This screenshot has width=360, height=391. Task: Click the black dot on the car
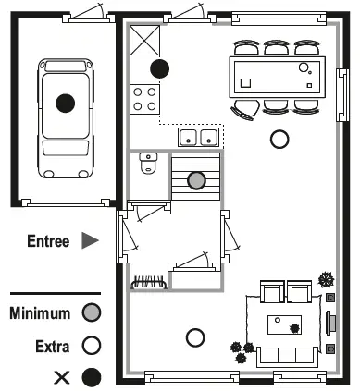(65, 103)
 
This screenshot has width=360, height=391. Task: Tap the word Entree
(47, 241)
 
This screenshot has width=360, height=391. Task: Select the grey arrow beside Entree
(89, 241)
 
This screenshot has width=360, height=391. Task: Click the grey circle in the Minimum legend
(91, 313)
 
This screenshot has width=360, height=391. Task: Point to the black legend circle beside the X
(91, 376)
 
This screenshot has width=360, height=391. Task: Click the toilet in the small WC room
(148, 165)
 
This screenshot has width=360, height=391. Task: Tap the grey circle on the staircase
(195, 180)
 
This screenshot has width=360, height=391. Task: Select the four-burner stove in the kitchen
(144, 98)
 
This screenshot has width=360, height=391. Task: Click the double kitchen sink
(198, 138)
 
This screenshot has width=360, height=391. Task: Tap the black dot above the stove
(160, 67)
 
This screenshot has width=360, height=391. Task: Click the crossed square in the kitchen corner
(145, 41)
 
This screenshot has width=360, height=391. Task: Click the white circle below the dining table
(279, 140)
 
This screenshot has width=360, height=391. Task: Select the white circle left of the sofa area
(194, 337)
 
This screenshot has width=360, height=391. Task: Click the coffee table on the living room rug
(287, 325)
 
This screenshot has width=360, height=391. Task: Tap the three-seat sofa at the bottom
(286, 354)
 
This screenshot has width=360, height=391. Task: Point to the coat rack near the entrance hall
(148, 281)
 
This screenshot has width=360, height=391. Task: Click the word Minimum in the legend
(40, 313)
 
